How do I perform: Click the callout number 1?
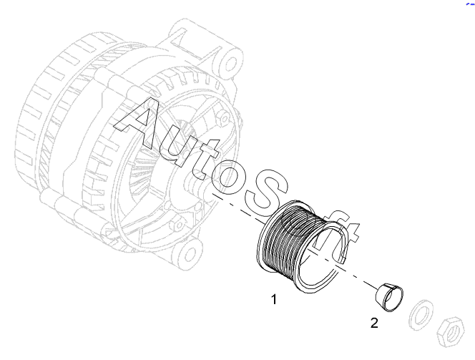tap(274, 299)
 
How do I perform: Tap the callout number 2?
tap(374, 323)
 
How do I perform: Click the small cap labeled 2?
tap(389, 297)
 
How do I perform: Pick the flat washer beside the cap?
tap(421, 315)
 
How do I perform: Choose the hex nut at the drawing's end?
tap(451, 332)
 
